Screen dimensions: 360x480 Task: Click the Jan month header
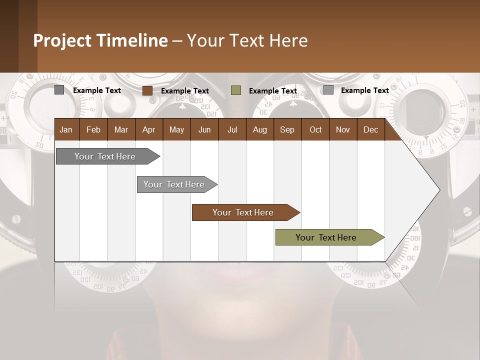66,129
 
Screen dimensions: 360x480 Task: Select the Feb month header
93,129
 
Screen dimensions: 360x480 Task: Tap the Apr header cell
148,129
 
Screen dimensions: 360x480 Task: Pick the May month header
176,129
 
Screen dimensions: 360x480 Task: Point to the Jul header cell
232,129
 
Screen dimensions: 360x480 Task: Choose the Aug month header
259,129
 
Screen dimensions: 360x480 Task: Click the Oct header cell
315,129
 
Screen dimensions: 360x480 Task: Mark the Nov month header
343,129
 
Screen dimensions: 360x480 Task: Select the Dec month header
370,129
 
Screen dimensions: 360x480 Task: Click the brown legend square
147,90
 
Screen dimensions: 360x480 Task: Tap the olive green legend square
236,90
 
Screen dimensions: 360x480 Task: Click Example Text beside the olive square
273,91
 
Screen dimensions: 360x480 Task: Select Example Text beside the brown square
185,91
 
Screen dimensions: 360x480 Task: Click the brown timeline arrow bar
243,212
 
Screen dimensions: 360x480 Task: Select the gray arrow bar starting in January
105,156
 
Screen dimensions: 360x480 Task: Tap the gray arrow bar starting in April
174,184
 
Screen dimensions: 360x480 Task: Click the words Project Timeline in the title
100,40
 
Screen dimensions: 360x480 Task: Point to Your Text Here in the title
247,40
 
